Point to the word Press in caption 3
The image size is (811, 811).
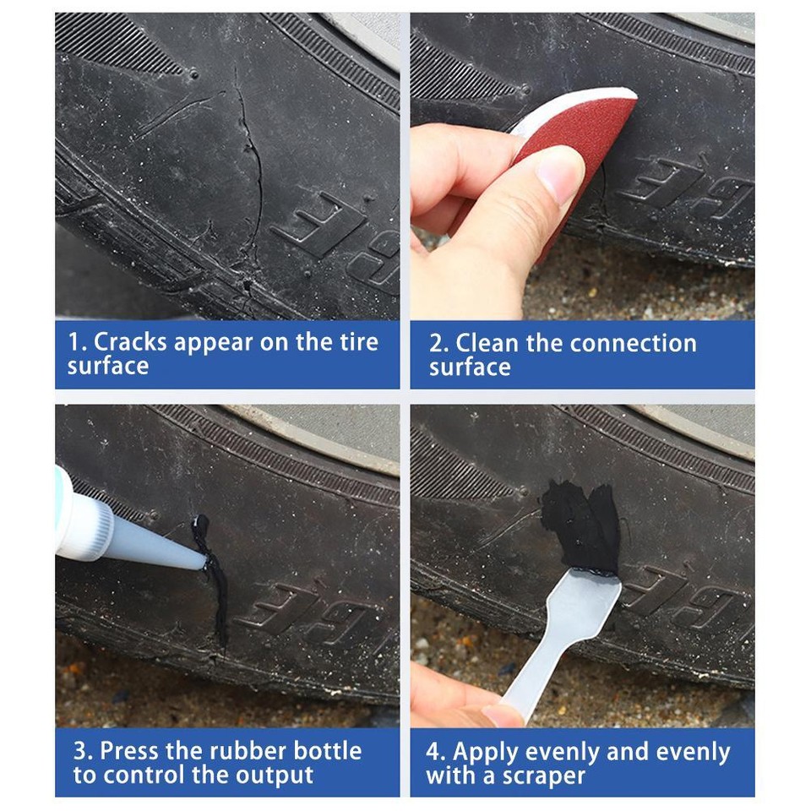tap(131, 751)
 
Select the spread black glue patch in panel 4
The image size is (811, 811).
tap(583, 528)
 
